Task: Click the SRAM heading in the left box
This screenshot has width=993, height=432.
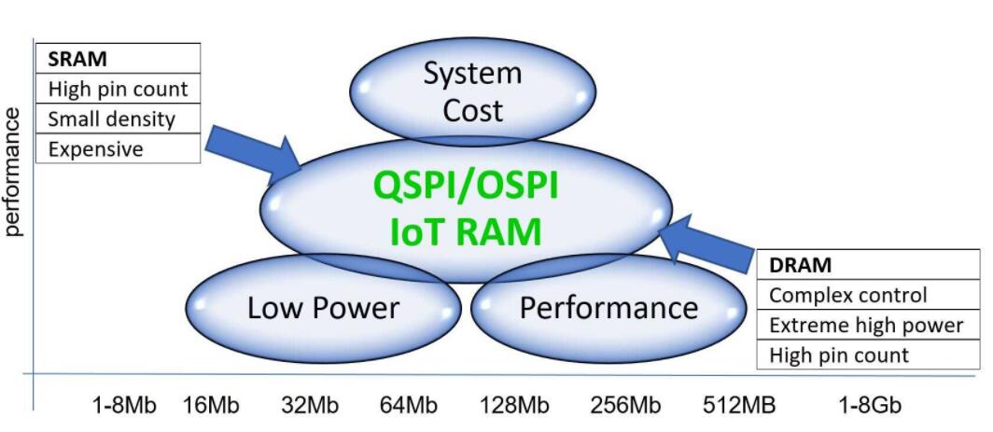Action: (x=77, y=58)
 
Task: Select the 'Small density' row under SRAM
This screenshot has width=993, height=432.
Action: (x=111, y=118)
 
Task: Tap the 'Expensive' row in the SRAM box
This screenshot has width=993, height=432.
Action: (x=95, y=148)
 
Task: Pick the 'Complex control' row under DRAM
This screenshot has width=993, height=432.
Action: (x=847, y=295)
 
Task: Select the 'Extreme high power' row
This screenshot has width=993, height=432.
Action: (x=865, y=325)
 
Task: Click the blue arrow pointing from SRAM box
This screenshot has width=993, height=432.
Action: (x=251, y=151)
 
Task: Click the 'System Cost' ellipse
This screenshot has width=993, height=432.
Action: (x=473, y=91)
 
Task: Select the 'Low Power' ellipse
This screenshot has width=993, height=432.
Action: (x=323, y=308)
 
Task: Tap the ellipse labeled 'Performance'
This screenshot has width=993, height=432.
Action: (x=608, y=308)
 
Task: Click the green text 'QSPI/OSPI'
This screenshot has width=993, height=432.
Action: (x=466, y=186)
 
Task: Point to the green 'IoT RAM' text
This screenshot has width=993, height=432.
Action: (x=465, y=230)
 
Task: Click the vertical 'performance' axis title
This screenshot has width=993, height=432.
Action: (x=14, y=173)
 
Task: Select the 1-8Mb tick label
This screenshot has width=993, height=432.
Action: (x=124, y=406)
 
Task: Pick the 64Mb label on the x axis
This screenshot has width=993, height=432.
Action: (x=408, y=406)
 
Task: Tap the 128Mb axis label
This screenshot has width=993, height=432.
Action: (x=514, y=406)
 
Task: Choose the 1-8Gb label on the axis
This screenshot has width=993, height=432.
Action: (x=870, y=406)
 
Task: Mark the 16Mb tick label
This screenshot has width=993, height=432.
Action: (x=210, y=406)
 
